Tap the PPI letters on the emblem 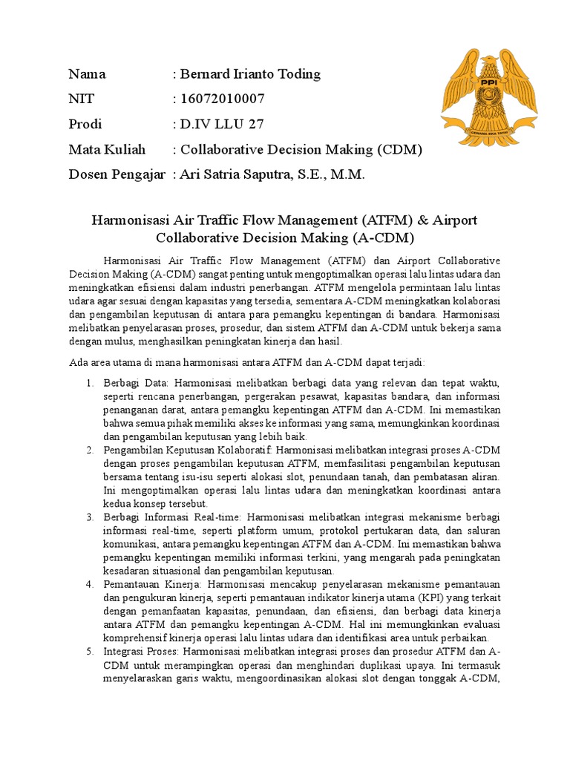click(x=488, y=82)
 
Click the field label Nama click(x=87, y=73)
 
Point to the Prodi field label click(x=85, y=124)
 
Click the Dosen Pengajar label click(x=117, y=174)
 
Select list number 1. click(x=88, y=383)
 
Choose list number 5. click(x=88, y=651)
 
